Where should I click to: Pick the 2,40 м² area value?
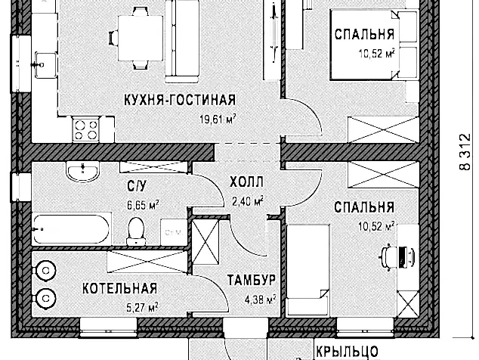point(247,201)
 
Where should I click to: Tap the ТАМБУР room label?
point(251,281)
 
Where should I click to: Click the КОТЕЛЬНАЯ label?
point(119,288)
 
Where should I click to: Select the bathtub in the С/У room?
point(70,228)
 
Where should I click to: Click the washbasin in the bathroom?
point(79,172)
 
